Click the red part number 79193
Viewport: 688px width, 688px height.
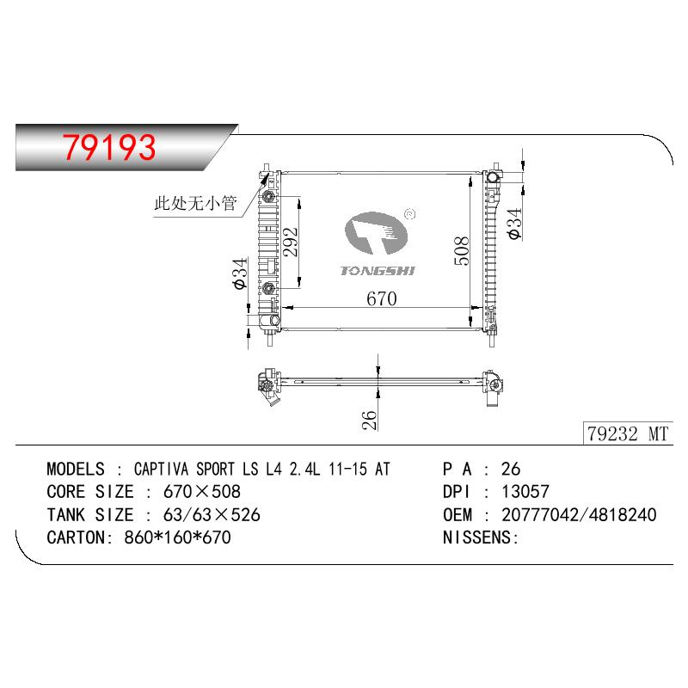pos(109,147)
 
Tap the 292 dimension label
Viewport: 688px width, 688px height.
pos(290,242)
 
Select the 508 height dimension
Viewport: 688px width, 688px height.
pos(461,250)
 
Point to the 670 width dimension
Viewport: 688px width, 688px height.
pos(381,298)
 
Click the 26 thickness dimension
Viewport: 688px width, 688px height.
pos(369,420)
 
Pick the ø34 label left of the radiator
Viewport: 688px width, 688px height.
pos(241,273)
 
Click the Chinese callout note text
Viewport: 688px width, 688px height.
pos(195,203)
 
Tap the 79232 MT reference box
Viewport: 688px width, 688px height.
pos(628,433)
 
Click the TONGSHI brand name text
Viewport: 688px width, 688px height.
pos(378,271)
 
